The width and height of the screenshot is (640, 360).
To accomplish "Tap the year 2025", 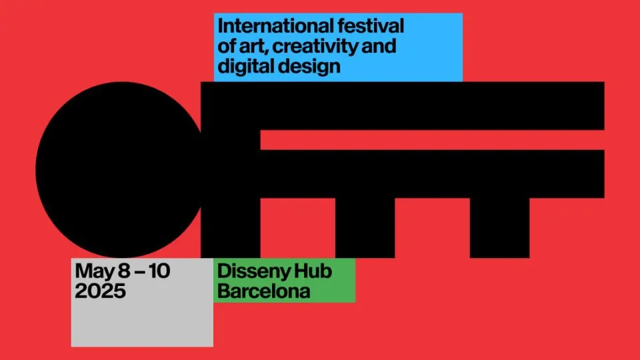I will coord(100,291).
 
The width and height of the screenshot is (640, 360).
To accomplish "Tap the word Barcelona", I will coord(264,291).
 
